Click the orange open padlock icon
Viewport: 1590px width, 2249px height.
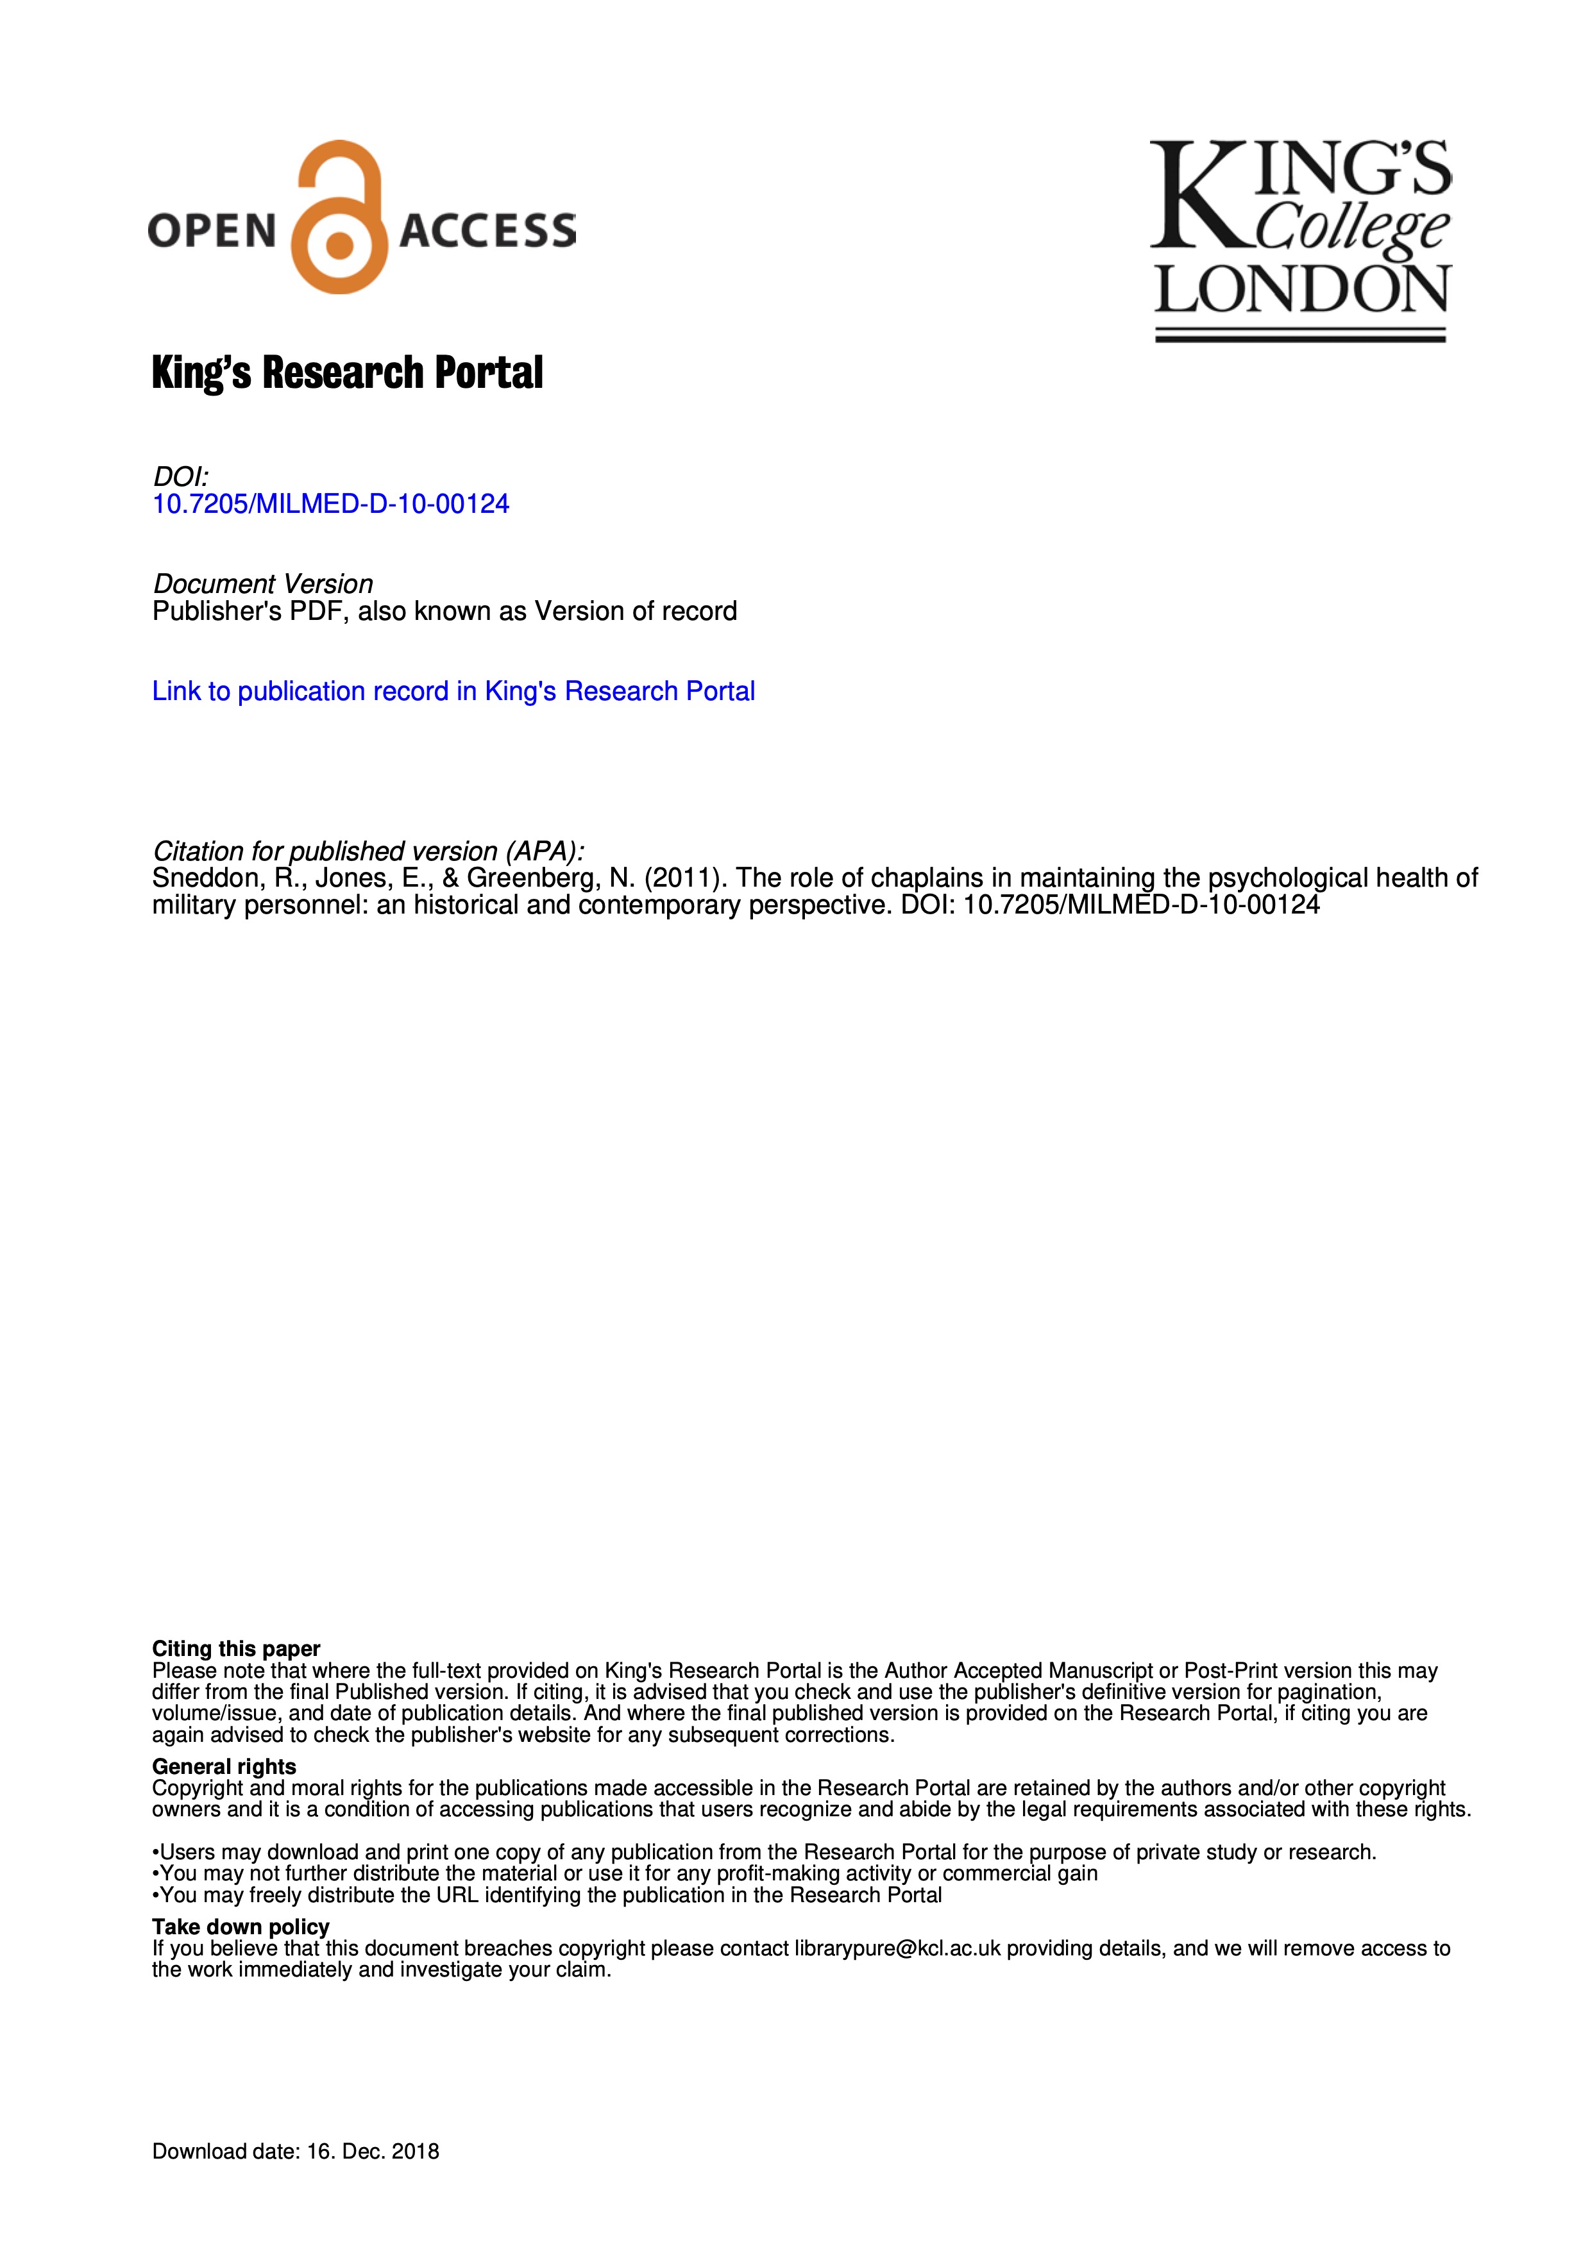pyautogui.click(x=339, y=217)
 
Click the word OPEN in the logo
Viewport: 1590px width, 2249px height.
pyautogui.click(x=212, y=231)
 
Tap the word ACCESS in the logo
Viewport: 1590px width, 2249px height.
pyautogui.click(x=487, y=231)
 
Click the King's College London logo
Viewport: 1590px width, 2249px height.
pyautogui.click(x=1300, y=239)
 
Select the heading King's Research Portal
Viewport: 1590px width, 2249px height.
pyautogui.click(x=347, y=373)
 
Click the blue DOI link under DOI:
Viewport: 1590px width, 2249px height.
pyautogui.click(x=330, y=505)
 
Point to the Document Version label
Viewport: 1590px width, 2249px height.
pyautogui.click(x=262, y=584)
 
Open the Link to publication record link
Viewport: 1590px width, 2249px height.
pyautogui.click(x=453, y=692)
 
